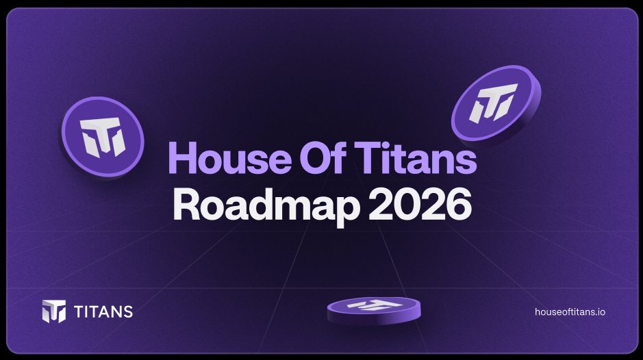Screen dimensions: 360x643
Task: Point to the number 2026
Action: pos(418,204)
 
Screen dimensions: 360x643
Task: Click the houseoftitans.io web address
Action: pos(570,311)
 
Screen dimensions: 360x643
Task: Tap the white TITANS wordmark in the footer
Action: pos(102,312)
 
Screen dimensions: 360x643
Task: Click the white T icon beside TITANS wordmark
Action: pos(54,311)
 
